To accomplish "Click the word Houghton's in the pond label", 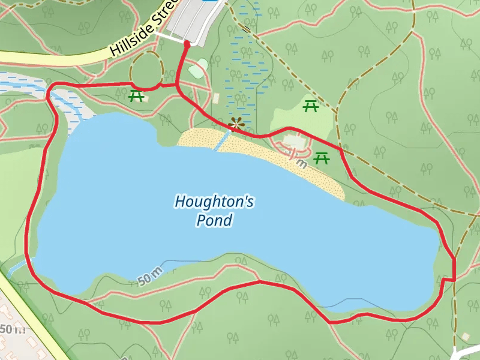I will (x=214, y=202).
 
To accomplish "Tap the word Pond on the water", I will (x=214, y=220).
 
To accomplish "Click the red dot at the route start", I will (x=187, y=44).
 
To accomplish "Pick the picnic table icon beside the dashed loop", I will (x=136, y=95).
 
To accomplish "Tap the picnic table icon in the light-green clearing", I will (x=311, y=106).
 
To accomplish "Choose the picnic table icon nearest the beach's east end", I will (x=322, y=158).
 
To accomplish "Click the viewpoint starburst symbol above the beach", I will (x=236, y=124).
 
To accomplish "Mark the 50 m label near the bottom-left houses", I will (x=12, y=329).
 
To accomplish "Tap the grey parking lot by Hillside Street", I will (x=192, y=21).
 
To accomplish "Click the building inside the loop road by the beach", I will (x=294, y=142).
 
